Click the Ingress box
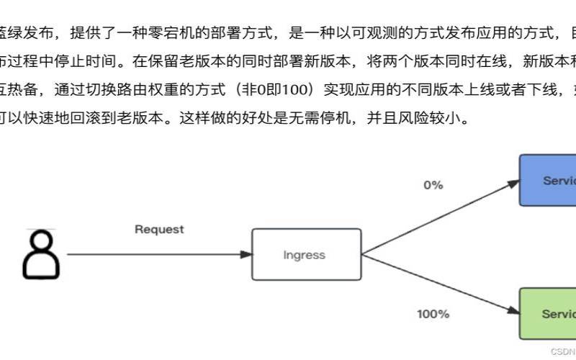[306, 255]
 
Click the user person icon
[41, 254]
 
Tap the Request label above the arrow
[159, 230]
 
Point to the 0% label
[433, 185]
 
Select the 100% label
[433, 314]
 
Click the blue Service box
[548, 180]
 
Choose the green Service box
[548, 314]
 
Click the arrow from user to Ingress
[158, 254]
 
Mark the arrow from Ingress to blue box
[439, 217]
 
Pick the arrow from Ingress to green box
[439, 284]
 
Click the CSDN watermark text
[562, 351]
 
